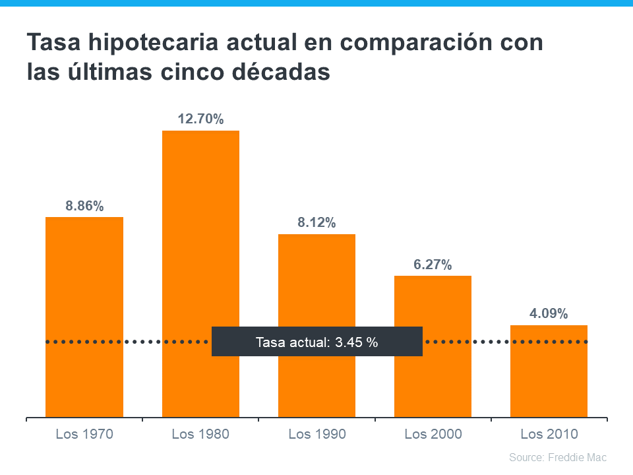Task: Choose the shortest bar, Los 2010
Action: (549, 383)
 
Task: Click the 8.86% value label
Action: (84, 206)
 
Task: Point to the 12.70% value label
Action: (200, 119)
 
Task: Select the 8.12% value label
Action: (316, 223)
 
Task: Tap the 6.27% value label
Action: (433, 265)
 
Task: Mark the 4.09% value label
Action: (549, 314)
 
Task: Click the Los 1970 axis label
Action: (84, 434)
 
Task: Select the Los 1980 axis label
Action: (200, 434)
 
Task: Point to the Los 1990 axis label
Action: (317, 434)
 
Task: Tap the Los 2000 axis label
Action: (433, 434)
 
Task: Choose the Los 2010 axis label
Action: (549, 434)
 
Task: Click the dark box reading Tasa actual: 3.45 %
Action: (316, 342)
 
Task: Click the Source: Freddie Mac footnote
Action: (558, 457)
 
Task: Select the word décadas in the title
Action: (275, 72)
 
